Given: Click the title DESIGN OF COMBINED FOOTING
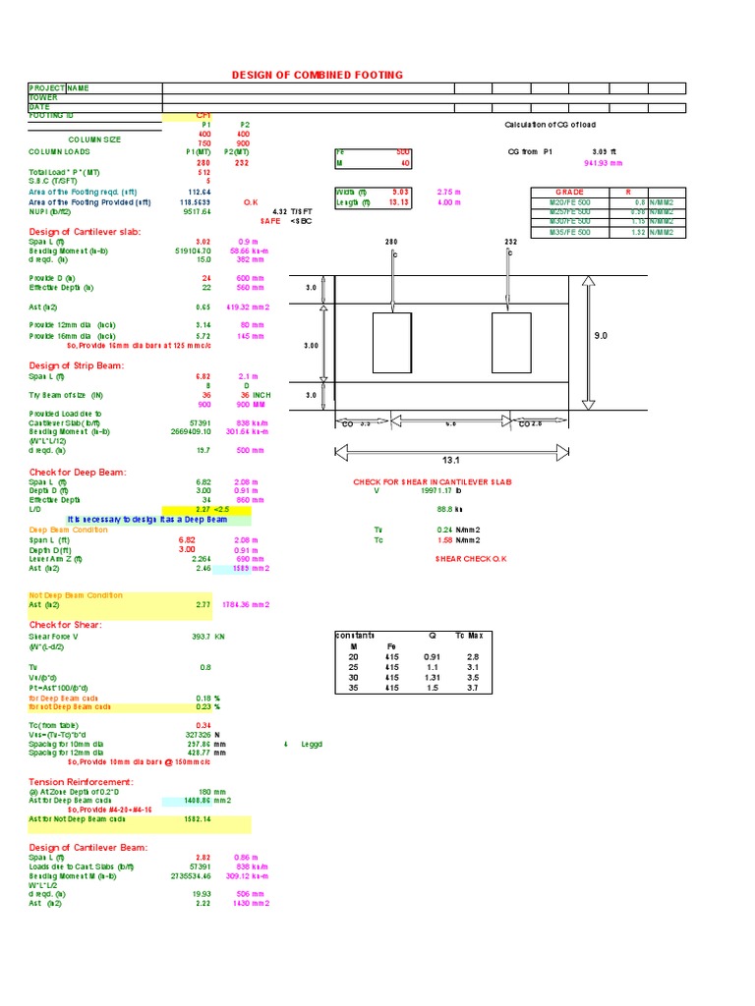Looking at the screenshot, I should pos(317,76).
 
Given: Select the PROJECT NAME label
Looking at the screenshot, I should pos(59,88).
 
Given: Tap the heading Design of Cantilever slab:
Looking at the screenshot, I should pos(85,232).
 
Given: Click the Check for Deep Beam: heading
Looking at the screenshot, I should pos(78,473).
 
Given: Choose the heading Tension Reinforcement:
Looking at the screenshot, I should pos(81,781).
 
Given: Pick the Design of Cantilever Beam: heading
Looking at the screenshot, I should pos(88,847).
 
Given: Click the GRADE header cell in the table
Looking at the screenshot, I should pos(569,193).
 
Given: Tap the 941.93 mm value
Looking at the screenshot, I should pos(603,163).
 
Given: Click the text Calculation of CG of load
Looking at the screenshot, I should pos(550,125).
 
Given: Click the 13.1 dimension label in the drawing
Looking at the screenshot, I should pos(452,458).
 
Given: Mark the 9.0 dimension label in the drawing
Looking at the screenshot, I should pos(602,336).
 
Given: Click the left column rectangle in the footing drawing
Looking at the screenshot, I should pos(392,343).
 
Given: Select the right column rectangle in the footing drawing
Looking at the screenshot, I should pos(511,343).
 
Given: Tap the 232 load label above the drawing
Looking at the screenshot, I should pos(510,242).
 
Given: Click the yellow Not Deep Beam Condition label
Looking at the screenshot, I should pos(77,595).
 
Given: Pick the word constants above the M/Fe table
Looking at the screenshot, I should pos(355,635).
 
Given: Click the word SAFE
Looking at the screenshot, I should pos(270,221).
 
